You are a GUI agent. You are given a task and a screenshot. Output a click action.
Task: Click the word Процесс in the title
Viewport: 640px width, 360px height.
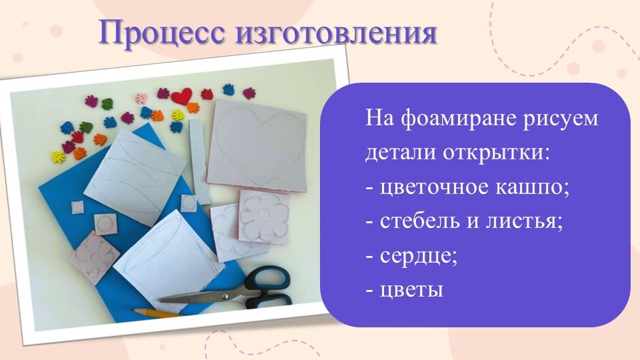(x=161, y=32)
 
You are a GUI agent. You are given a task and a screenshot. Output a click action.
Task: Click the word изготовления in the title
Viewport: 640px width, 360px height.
(x=336, y=33)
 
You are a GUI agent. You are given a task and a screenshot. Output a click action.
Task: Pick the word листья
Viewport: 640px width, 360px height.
(x=524, y=222)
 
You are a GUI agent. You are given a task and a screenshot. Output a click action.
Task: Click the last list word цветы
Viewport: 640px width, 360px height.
(x=411, y=290)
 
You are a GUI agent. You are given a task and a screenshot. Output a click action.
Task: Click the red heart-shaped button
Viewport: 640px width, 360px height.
(x=182, y=97)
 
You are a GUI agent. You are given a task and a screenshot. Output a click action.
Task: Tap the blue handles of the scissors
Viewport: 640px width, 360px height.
(x=270, y=286)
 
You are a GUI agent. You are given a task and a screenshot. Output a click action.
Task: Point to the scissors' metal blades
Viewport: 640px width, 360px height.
(x=196, y=298)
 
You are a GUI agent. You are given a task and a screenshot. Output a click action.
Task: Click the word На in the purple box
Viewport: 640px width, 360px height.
(x=379, y=119)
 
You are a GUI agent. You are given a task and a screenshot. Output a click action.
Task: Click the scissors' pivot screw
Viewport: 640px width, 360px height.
(x=224, y=295)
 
